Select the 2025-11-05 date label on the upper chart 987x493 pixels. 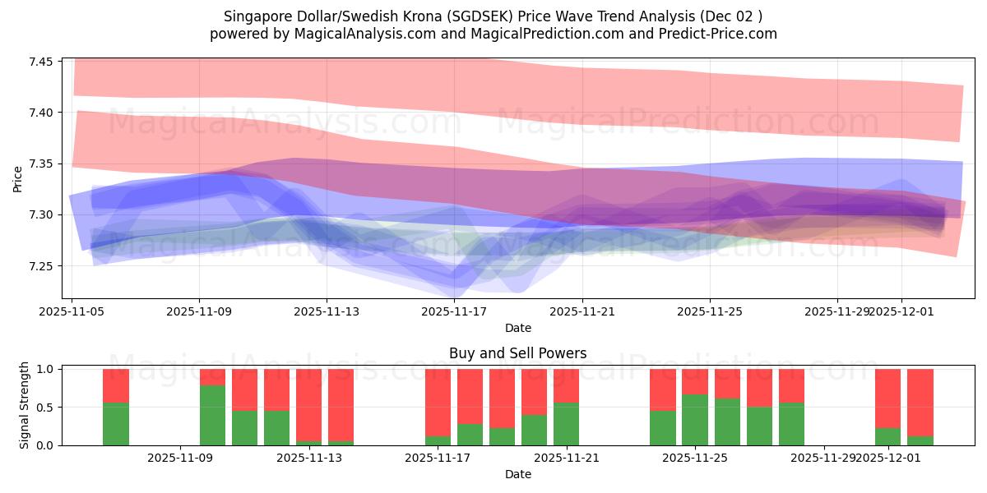(72, 312)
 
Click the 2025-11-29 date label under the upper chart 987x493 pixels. (837, 312)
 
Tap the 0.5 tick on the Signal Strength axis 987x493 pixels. (45, 408)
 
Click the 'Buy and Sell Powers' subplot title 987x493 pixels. (517, 354)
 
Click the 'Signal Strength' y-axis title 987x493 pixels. (25, 405)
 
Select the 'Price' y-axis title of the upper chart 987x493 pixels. (18, 178)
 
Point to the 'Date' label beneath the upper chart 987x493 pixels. (517, 328)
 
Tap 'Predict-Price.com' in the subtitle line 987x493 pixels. (724, 34)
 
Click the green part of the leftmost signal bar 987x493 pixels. (116, 424)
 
